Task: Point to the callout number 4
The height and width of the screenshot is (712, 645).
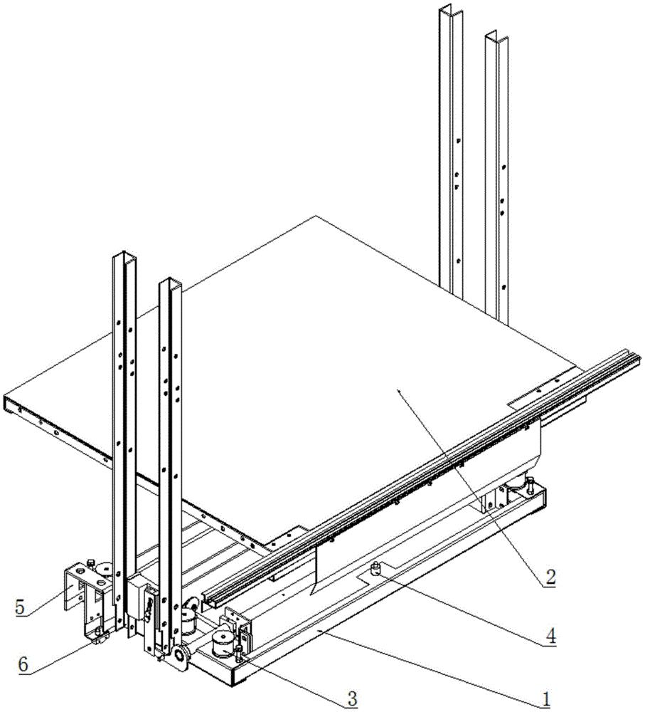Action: [x=550, y=636]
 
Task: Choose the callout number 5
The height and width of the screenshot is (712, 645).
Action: [x=21, y=607]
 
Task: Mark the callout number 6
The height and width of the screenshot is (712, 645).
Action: [x=23, y=664]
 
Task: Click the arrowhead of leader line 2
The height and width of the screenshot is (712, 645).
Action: [x=399, y=390]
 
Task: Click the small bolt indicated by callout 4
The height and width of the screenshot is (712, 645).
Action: [x=375, y=567]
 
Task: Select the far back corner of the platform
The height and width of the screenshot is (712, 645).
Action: [x=315, y=216]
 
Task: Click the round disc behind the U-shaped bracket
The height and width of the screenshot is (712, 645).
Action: [x=107, y=568]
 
